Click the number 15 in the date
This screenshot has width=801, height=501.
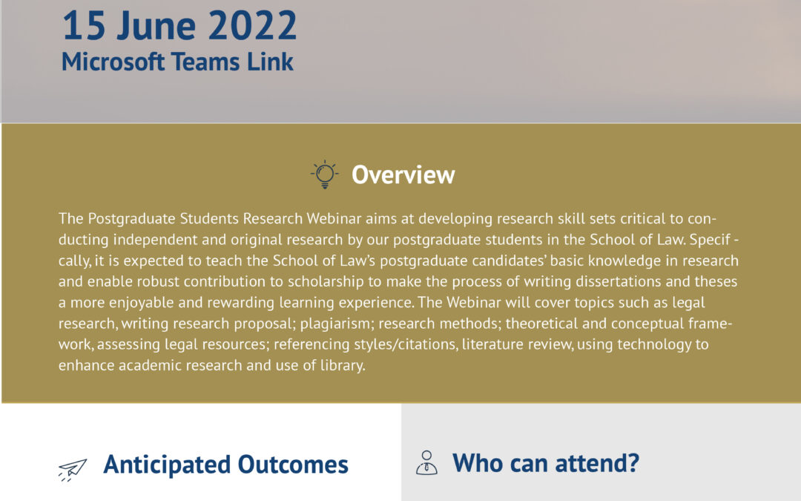83,26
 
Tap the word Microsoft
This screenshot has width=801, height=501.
113,62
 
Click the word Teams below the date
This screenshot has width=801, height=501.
205,62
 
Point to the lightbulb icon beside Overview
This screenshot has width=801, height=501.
324,174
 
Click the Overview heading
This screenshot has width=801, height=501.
403,175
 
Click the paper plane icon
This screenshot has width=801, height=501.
72,470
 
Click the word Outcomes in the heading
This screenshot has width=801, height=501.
293,464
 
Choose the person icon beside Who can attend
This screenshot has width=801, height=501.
426,462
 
